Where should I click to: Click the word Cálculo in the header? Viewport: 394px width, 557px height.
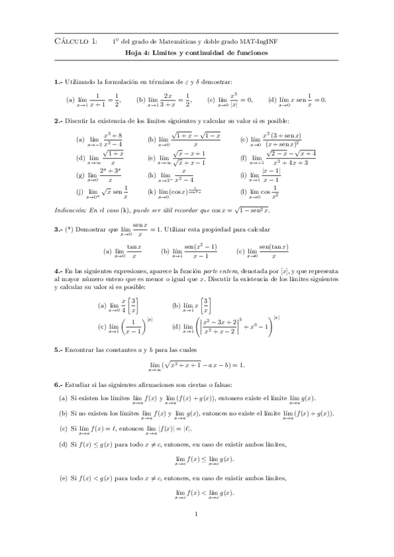click(x=70, y=41)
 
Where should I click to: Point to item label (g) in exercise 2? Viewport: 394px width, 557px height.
click(x=80, y=176)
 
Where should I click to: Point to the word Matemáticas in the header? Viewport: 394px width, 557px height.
click(x=180, y=41)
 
